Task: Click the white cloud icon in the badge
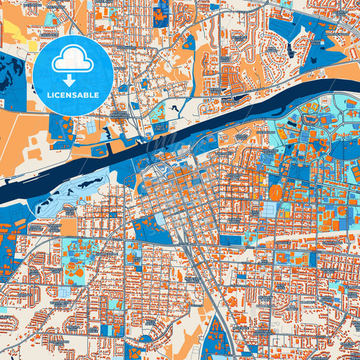pyautogui.click(x=72, y=59)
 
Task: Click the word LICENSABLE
pyautogui.click(x=72, y=95)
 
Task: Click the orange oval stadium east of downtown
pyautogui.click(x=276, y=193)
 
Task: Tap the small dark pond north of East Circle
pyautogui.click(x=177, y=107)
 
